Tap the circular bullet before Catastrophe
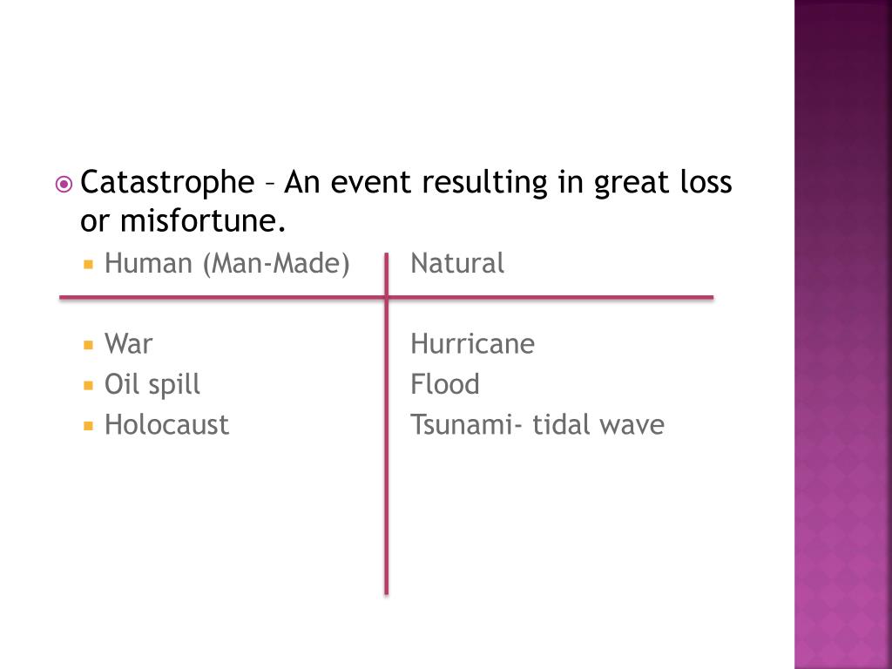[64, 185]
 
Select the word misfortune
[201, 223]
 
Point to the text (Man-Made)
[276, 263]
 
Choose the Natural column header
[457, 263]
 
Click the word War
[128, 344]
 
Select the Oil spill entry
[152, 384]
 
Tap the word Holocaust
[166, 425]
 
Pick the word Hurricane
[472, 344]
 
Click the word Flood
[445, 384]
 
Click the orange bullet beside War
[88, 345]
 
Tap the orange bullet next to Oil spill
[88, 385]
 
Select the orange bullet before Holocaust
[88, 426]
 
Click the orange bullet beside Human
[88, 264]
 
